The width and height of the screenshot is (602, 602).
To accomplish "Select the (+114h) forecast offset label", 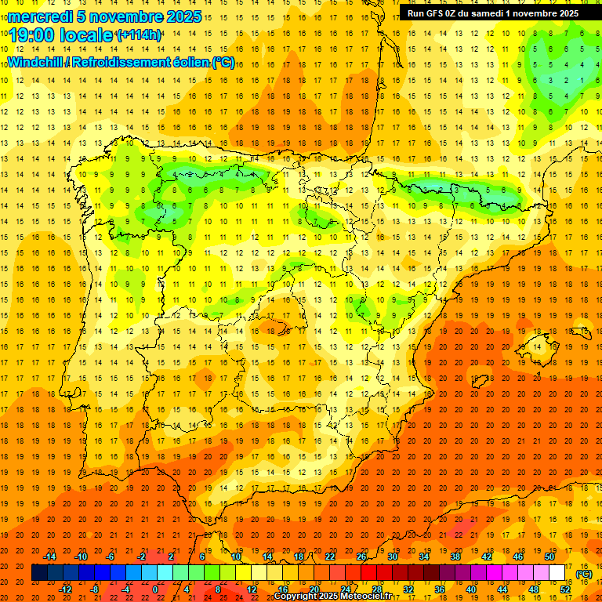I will pyautogui.click(x=138, y=35).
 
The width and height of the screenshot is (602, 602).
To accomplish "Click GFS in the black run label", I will pyautogui.click(x=434, y=13).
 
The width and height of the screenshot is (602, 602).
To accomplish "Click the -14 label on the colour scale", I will pyautogui.click(x=51, y=557).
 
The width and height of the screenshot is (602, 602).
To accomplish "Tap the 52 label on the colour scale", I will pyautogui.click(x=564, y=589).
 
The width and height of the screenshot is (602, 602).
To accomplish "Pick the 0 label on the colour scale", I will pyautogui.click(x=156, y=589).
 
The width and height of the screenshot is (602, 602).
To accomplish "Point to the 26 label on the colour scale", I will pyautogui.click(x=361, y=557).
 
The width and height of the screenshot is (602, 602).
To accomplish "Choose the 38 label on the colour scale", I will pyautogui.click(x=455, y=557).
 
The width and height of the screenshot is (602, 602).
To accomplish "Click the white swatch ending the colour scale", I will pyautogui.click(x=557, y=573).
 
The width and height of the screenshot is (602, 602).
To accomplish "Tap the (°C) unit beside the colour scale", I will pyautogui.click(x=583, y=573).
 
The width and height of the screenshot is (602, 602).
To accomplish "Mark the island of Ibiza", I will pyautogui.click(x=480, y=381).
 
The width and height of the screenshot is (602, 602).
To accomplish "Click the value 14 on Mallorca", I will pyautogui.click(x=537, y=343).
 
